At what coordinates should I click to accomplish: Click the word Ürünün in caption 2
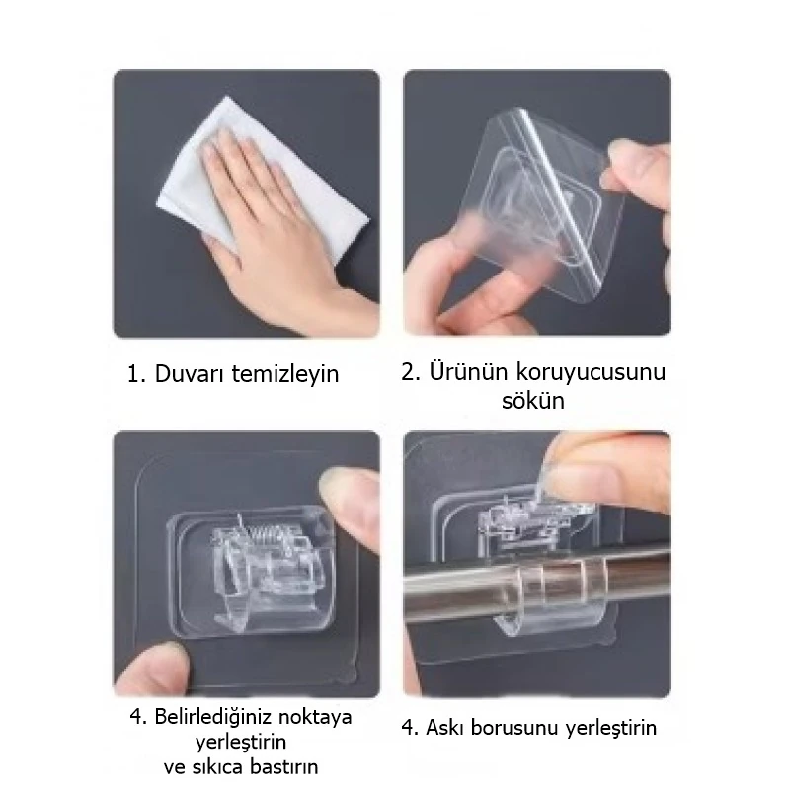(x=469, y=372)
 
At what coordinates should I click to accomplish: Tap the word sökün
(x=536, y=402)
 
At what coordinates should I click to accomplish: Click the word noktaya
(x=314, y=716)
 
